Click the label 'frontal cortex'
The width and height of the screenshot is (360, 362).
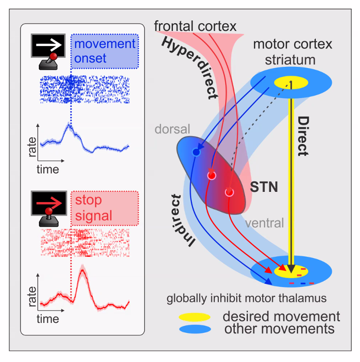coord(196,25)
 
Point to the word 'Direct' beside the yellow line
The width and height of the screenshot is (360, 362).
coord(303,135)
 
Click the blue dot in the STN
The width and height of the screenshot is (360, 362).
coord(196,152)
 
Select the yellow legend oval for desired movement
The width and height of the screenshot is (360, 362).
coord(194,317)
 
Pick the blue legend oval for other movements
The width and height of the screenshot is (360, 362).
coord(194,329)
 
